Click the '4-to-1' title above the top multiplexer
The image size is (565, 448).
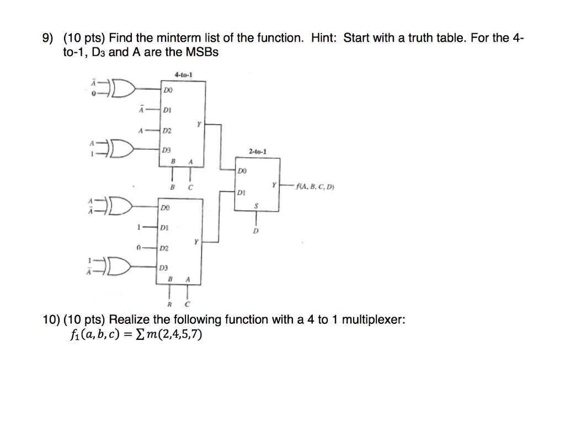click(x=183, y=74)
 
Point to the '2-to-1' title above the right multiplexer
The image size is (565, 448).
click(x=258, y=151)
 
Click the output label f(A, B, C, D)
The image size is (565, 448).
click(x=315, y=186)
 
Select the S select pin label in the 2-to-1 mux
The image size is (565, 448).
click(x=255, y=205)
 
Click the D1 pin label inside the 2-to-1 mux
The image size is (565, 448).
click(x=241, y=193)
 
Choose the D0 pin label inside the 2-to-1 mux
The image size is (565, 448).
click(x=241, y=171)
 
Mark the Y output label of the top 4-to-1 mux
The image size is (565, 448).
click(x=198, y=124)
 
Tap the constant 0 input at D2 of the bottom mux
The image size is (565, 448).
click(x=139, y=248)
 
